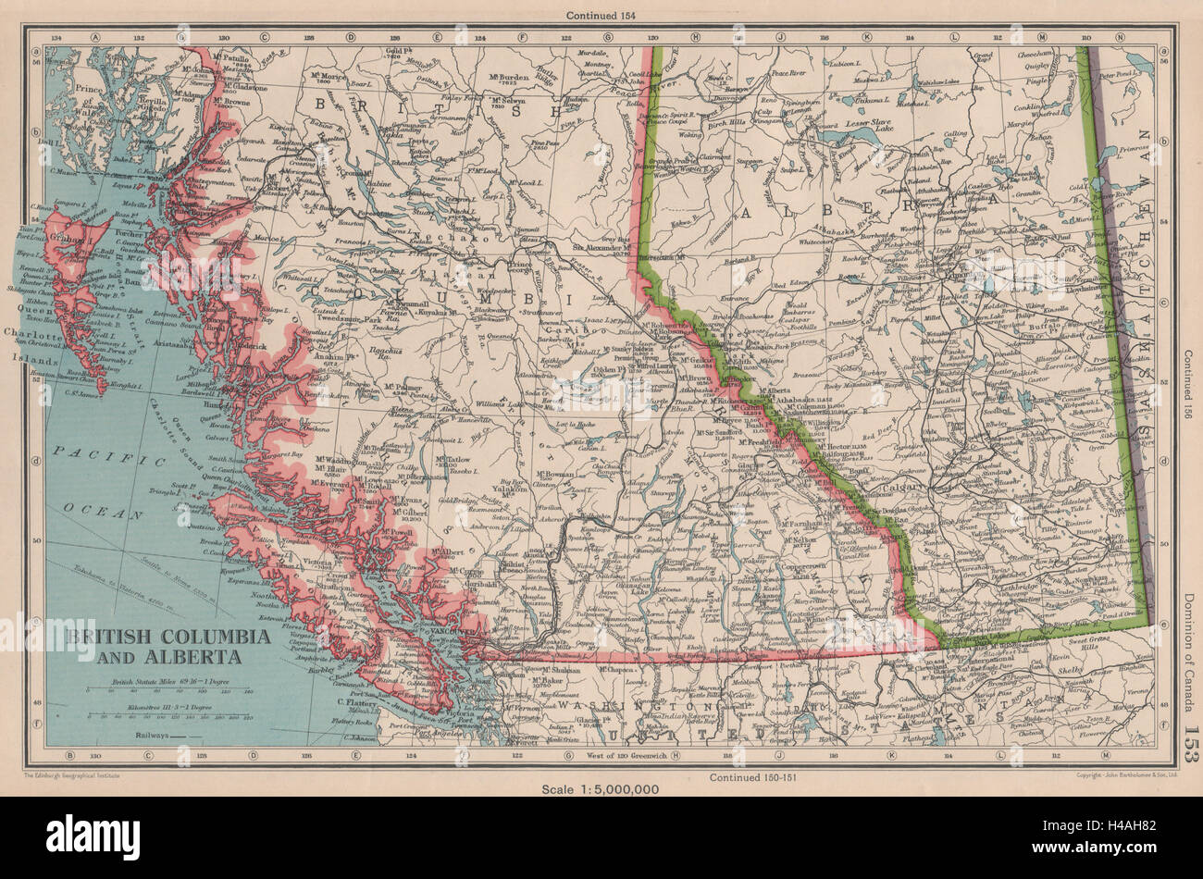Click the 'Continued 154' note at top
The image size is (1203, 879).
[601, 15]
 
